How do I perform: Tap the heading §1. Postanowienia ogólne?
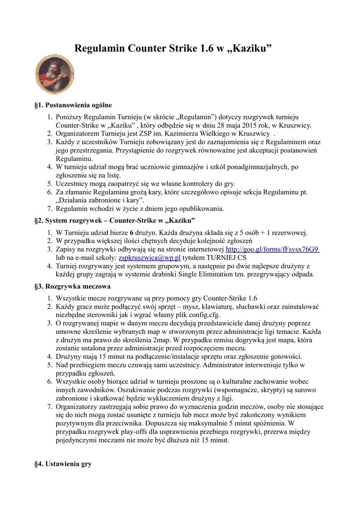(73, 105)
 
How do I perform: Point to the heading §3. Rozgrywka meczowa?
(72, 286)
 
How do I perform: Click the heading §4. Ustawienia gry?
(63, 464)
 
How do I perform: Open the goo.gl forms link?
(272, 249)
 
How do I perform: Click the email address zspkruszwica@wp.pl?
(149, 257)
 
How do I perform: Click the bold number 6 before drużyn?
(132, 232)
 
